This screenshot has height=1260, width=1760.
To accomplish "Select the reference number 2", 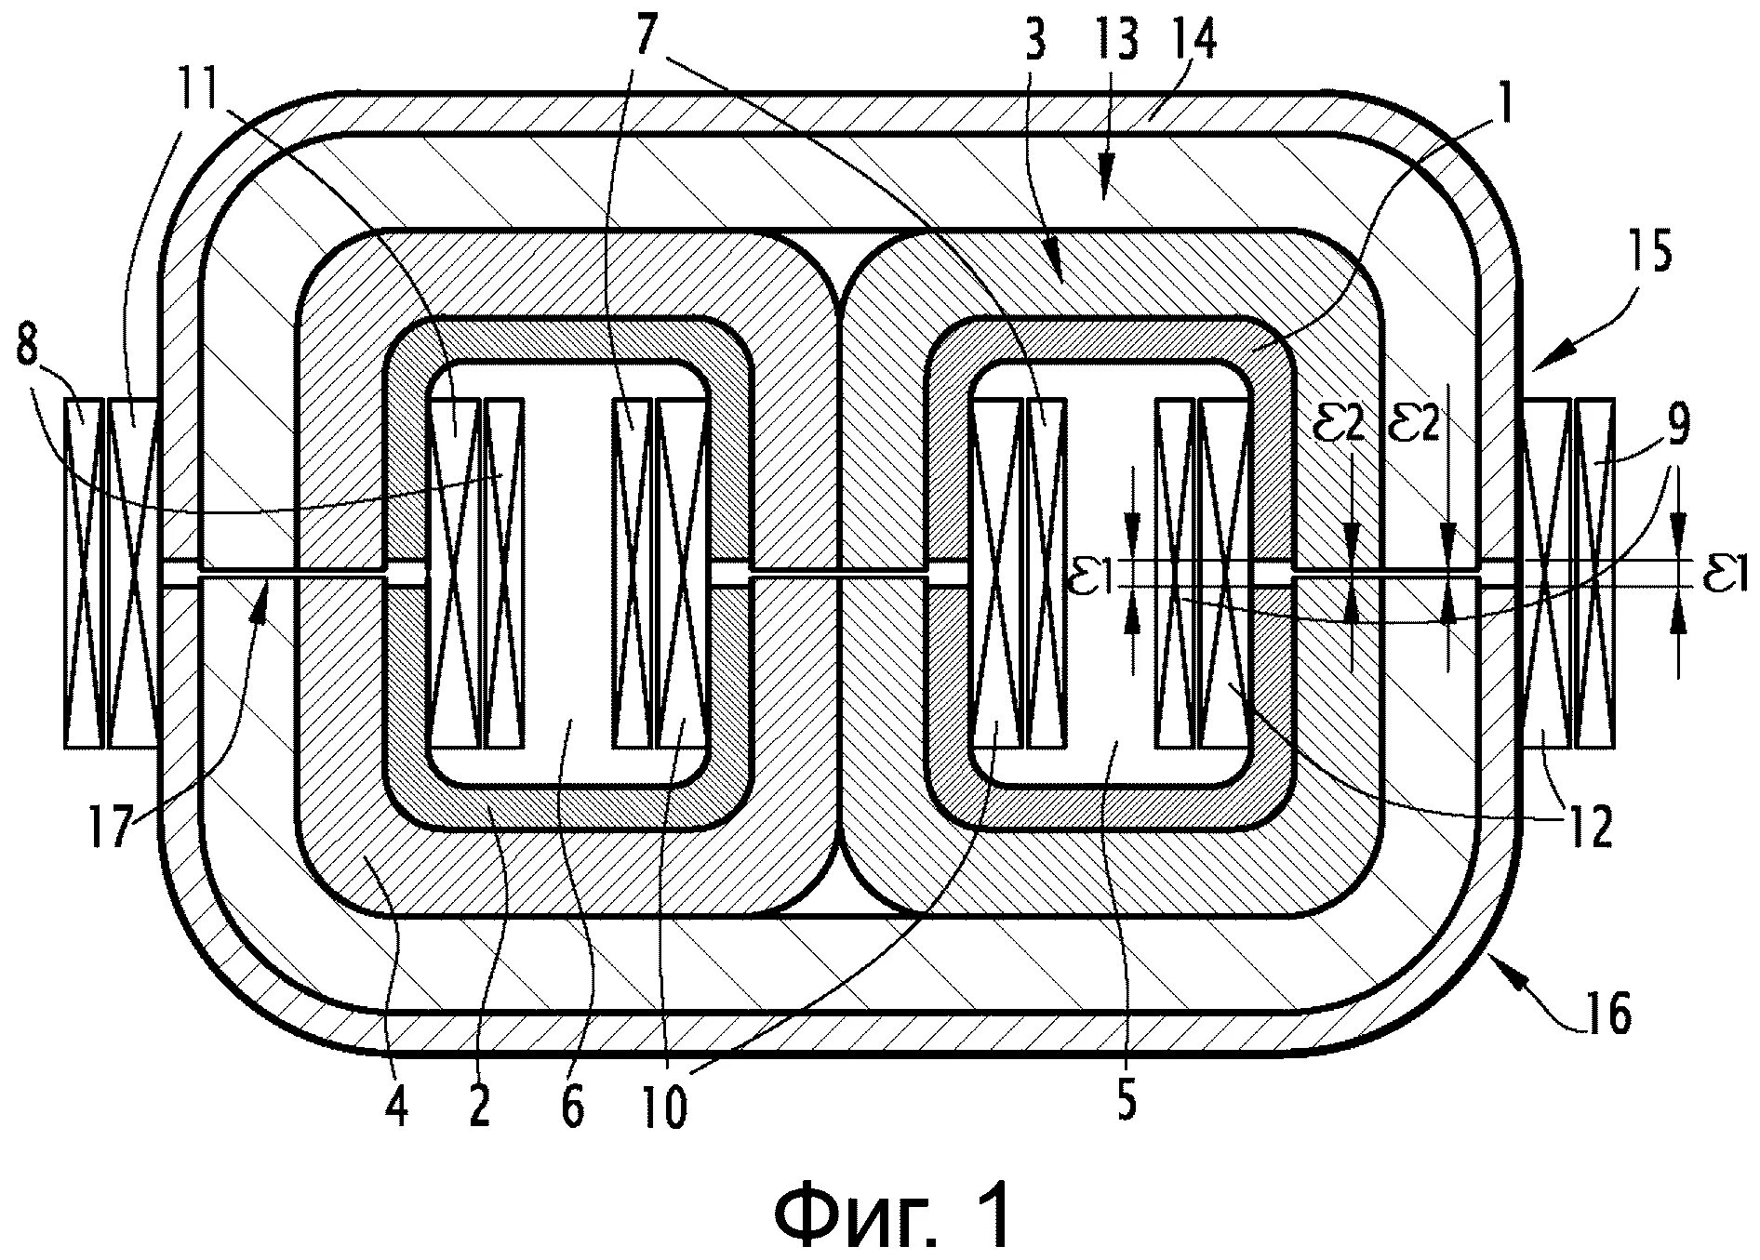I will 479,1107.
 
